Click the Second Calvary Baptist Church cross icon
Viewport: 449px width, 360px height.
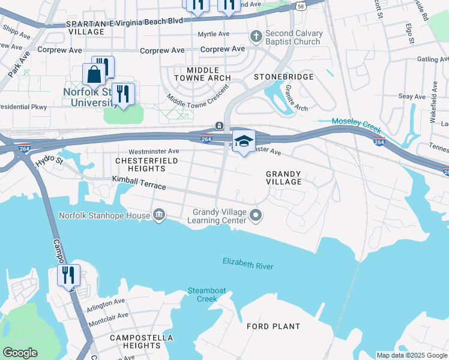[256, 37]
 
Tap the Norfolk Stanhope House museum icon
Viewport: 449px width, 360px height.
[159, 214]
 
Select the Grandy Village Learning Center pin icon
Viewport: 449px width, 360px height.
[256, 215]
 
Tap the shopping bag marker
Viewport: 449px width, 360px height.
[94, 75]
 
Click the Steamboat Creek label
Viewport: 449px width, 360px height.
[206, 295]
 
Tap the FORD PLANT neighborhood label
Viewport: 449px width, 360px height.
[273, 326]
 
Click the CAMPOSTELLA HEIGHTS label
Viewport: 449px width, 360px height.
[134, 342]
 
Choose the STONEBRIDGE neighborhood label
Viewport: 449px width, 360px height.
[284, 77]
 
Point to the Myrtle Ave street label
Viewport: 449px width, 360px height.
[214, 34]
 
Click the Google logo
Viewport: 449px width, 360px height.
[20, 353]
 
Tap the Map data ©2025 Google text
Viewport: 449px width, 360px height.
[411, 355]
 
